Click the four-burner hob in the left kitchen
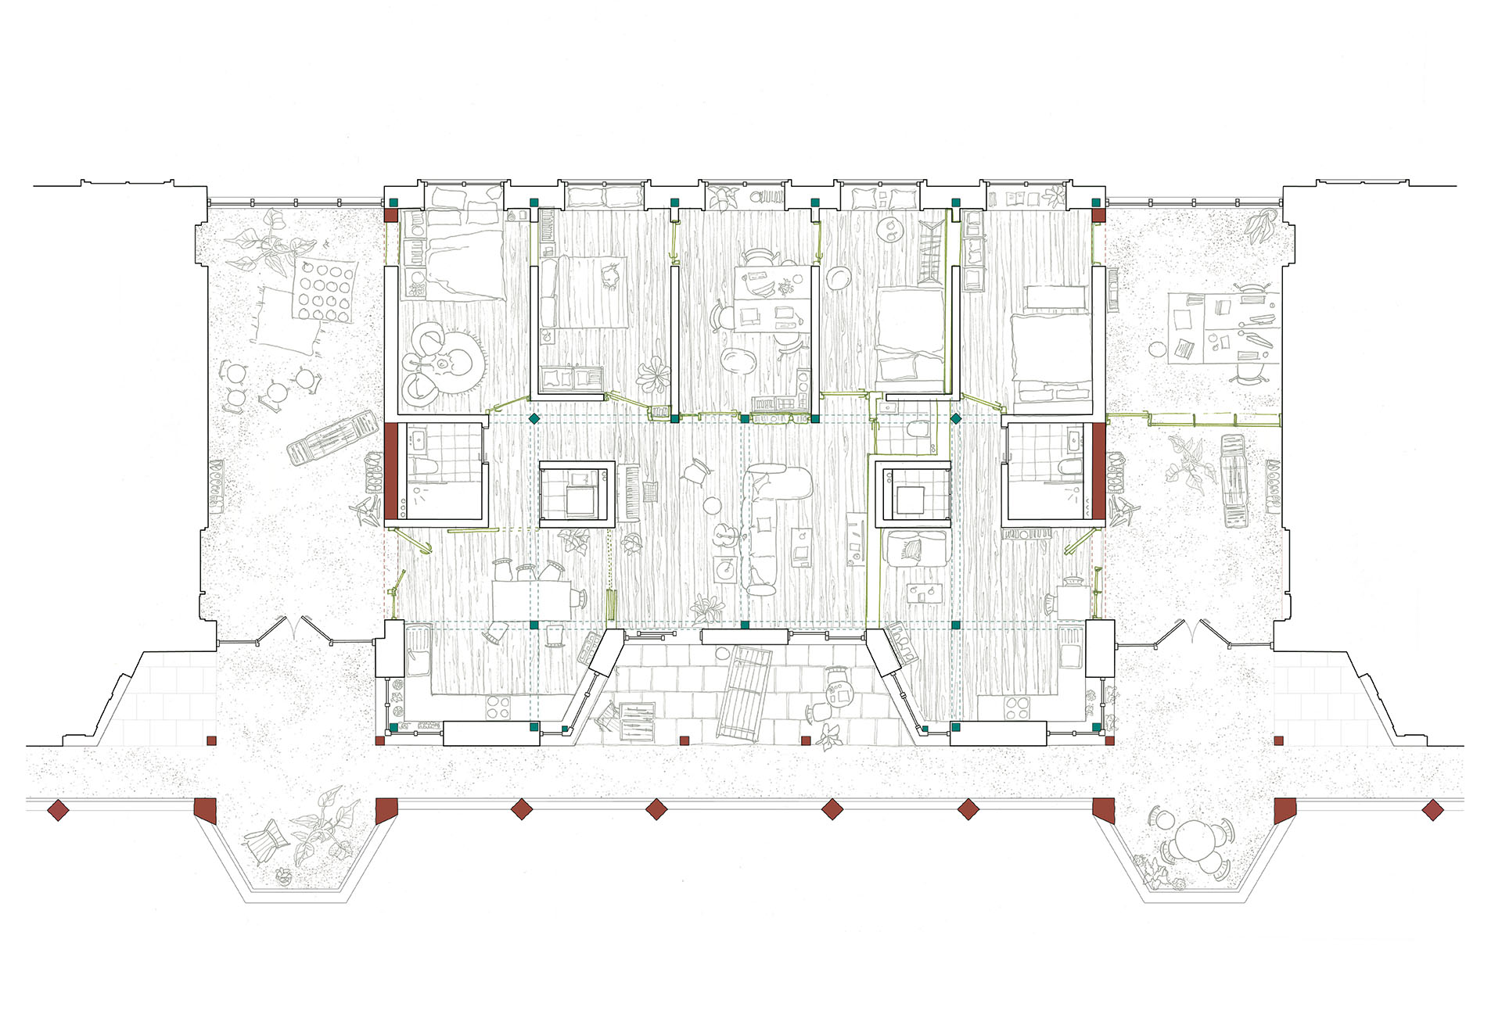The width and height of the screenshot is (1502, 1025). point(498,708)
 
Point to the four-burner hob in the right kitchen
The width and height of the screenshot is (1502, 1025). point(1016,708)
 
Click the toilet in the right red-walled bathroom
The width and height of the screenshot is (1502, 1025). point(1068,468)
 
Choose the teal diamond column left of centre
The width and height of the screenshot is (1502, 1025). point(534,420)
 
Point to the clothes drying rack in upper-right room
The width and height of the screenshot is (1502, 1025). point(930,250)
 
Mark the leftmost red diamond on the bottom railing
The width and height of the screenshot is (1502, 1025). point(58,810)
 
